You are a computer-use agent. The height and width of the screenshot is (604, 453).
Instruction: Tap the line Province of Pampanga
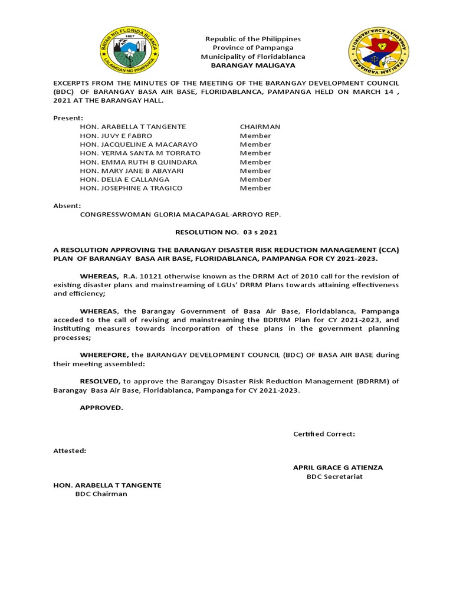(252, 48)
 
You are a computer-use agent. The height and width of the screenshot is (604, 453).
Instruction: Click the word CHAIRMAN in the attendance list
(260, 127)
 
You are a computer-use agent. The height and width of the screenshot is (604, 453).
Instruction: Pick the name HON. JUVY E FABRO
(116, 136)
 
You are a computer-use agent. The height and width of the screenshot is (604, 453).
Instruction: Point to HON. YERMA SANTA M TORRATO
(140, 153)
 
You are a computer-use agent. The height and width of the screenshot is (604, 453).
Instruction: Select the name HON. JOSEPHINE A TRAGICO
(131, 188)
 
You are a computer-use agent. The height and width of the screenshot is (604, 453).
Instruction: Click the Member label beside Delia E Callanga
(255, 179)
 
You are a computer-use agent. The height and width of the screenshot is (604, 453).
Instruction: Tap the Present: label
(68, 118)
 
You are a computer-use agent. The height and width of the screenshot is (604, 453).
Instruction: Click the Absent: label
(67, 206)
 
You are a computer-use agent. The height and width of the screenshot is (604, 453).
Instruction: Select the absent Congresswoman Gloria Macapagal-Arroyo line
(180, 215)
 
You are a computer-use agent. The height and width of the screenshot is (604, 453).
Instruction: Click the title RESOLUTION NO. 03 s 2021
(226, 232)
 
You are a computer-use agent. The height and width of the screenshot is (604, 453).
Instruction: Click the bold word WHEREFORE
(105, 355)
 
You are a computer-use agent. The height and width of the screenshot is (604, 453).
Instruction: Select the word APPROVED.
(101, 408)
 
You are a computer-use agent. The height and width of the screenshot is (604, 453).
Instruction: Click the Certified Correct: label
(324, 434)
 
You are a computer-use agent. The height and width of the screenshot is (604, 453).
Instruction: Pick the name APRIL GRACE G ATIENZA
(337, 468)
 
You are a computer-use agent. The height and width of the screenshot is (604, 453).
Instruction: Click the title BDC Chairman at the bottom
(101, 494)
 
